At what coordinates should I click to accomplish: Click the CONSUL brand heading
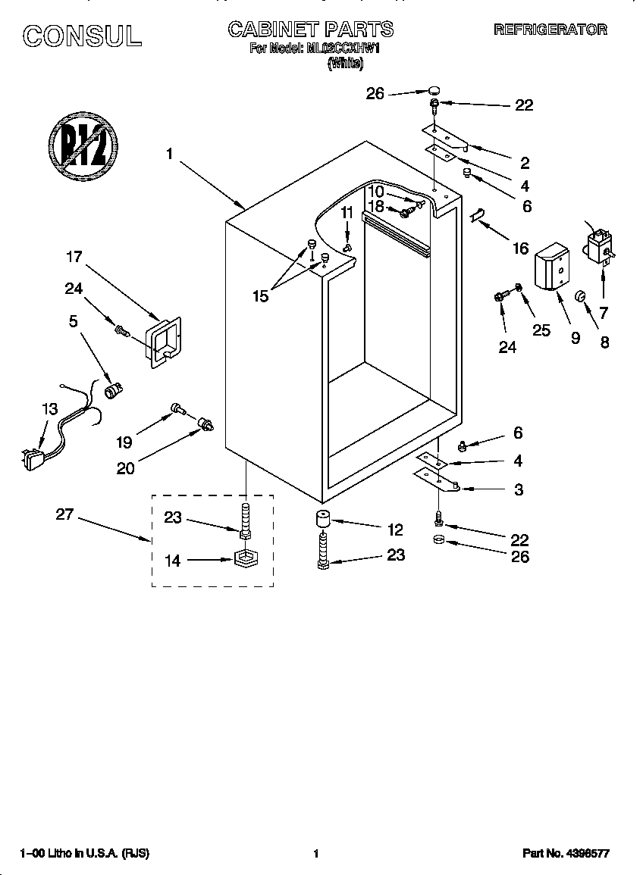point(81,35)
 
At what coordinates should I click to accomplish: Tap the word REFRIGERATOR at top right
point(550,30)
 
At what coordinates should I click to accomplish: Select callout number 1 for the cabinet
point(170,154)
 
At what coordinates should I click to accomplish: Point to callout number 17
point(74,257)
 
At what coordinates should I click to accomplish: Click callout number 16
point(520,248)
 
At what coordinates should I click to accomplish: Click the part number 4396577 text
point(566,854)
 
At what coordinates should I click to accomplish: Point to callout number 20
point(126,468)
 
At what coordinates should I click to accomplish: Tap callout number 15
point(260,296)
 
